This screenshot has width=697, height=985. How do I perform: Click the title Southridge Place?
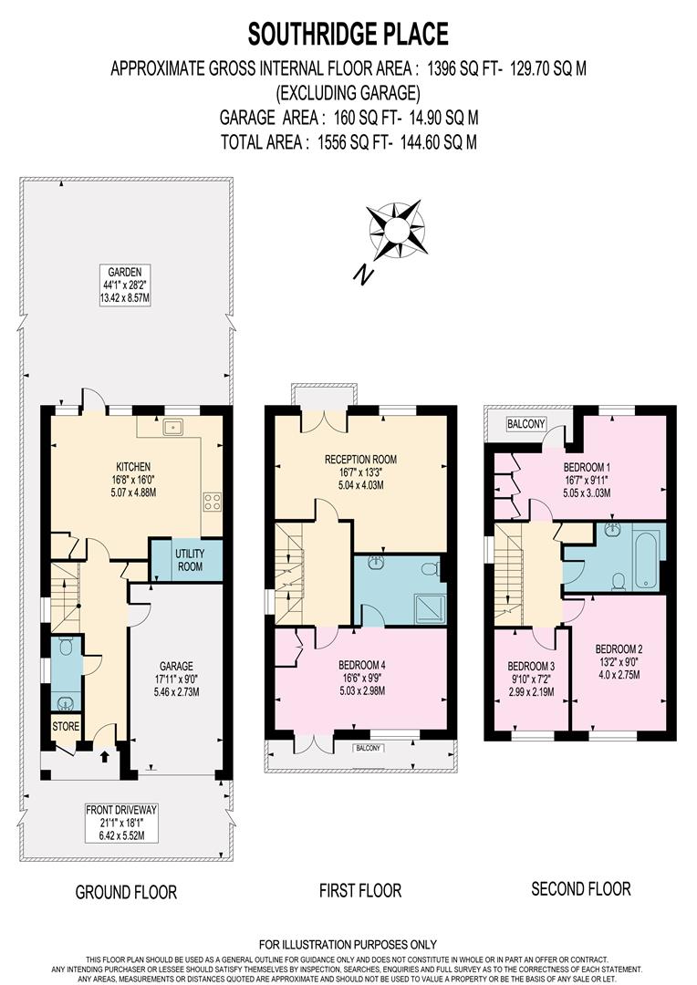click(x=348, y=35)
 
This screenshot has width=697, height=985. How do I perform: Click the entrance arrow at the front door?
click(x=103, y=755)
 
